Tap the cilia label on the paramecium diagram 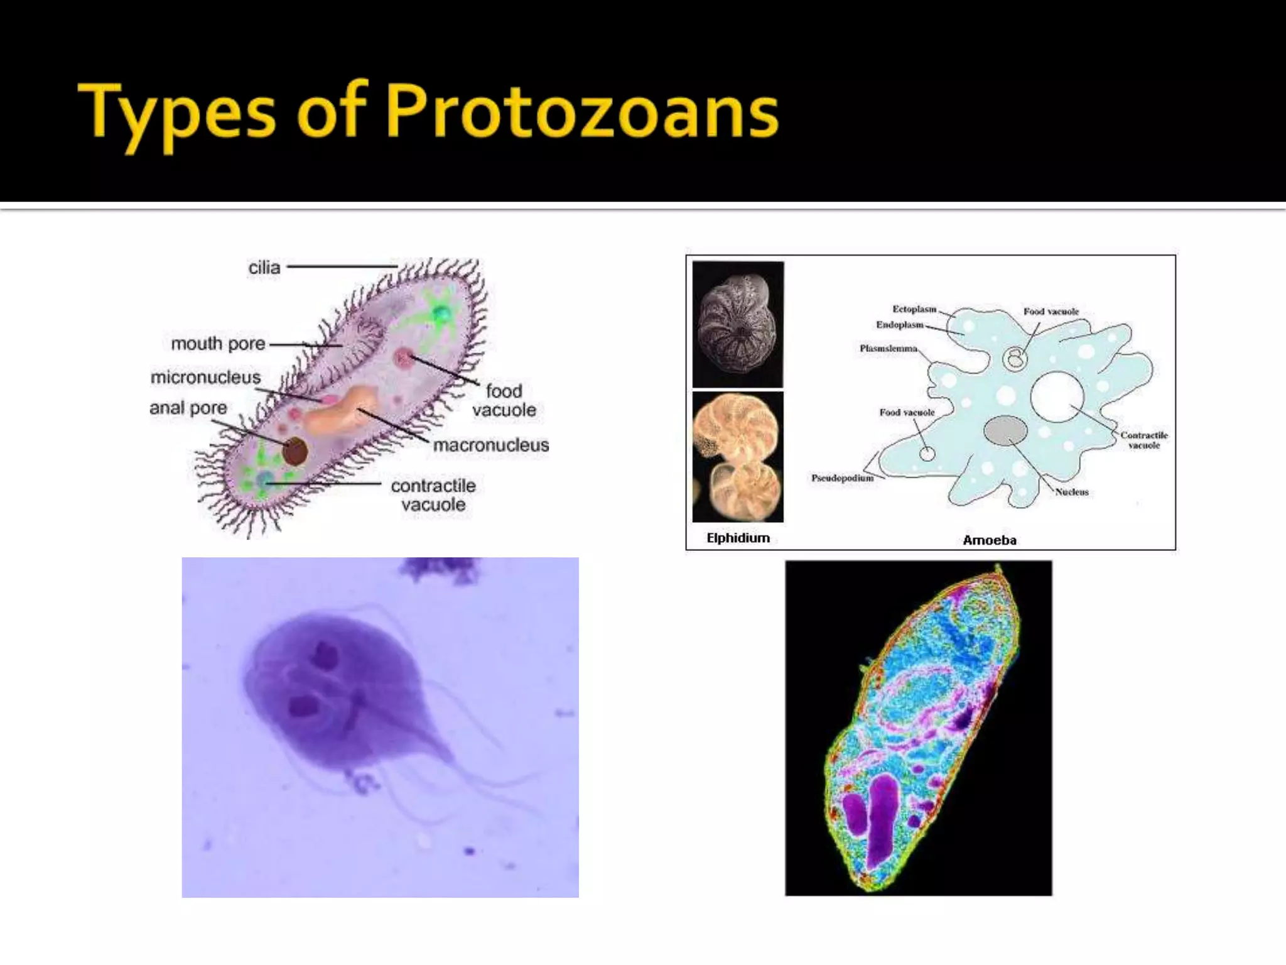[264, 268]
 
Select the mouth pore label [218, 344]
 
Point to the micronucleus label [205, 378]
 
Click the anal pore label [188, 408]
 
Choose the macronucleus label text [490, 445]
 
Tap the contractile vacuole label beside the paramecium [433, 495]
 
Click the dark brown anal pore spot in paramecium [294, 451]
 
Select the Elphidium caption [738, 538]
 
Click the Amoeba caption [989, 540]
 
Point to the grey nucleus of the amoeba [1005, 430]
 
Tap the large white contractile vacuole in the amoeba [1057, 397]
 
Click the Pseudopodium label [841, 479]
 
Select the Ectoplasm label [914, 309]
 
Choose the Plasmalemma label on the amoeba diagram [888, 349]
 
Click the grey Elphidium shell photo [738, 324]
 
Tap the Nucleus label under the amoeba [1071, 493]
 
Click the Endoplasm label [899, 325]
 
